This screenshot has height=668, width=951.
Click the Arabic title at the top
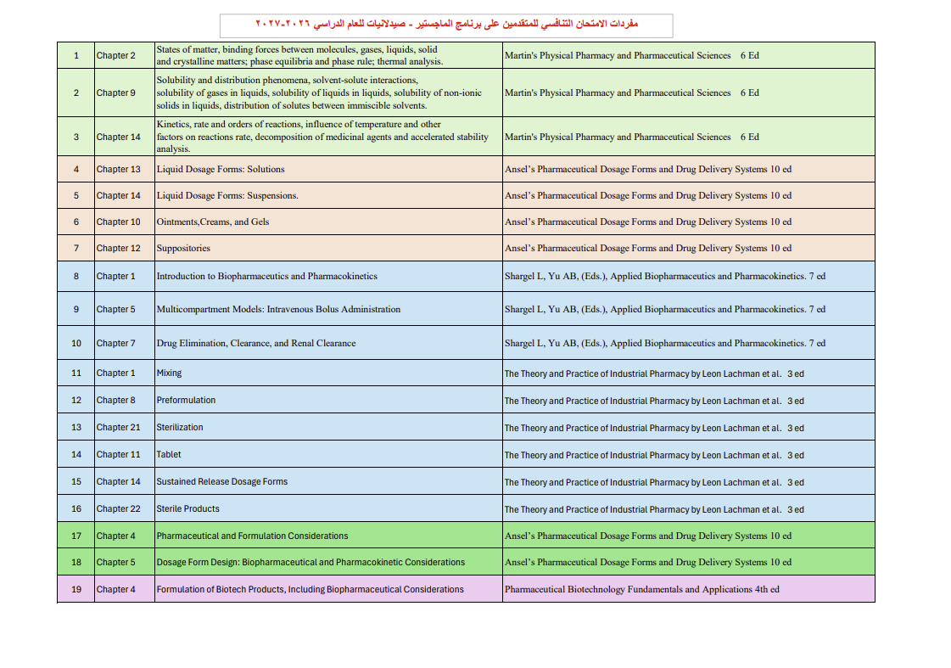coord(445,24)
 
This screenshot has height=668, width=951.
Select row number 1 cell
coord(76,56)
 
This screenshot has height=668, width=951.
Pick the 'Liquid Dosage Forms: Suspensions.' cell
coord(227,196)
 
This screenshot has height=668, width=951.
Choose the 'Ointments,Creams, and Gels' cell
coord(213,222)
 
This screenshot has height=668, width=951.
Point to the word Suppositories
coord(183,249)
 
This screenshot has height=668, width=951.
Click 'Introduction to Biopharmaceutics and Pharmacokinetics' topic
coord(267,277)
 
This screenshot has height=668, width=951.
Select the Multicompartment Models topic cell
coord(278,310)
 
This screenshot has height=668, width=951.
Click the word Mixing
coord(169,373)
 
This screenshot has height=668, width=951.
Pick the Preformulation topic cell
coord(186,401)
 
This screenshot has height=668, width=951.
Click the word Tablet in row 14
coord(169,455)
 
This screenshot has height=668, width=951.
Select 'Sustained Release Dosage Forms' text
coord(222,482)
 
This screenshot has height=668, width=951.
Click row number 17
coord(76,536)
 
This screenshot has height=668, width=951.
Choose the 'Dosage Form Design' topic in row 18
coord(310,563)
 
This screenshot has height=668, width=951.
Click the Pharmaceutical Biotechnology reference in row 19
coord(642,590)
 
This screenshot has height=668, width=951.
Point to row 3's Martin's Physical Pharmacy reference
coord(632,138)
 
